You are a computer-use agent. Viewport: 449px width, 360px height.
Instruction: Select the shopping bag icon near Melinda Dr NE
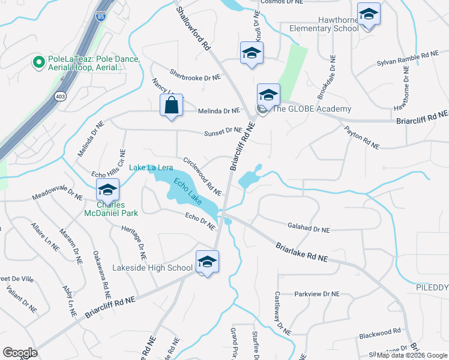tap(171, 106)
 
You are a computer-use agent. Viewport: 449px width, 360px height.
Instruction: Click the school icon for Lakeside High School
tap(207, 262)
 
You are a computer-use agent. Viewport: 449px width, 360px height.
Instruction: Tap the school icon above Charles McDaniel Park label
tap(107, 190)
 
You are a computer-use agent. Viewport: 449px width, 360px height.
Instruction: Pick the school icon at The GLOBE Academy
tap(268, 94)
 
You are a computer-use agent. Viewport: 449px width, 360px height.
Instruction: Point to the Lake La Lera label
tap(150, 168)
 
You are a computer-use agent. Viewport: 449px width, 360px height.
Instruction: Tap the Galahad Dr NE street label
tap(309, 229)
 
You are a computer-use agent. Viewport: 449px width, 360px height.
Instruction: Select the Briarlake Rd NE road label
tap(302, 251)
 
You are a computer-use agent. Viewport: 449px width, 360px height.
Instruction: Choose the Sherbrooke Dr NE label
tap(195, 77)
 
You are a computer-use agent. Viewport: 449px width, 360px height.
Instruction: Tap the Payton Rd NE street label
tap(361, 137)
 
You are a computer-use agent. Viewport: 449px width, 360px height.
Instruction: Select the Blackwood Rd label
tap(379, 332)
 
